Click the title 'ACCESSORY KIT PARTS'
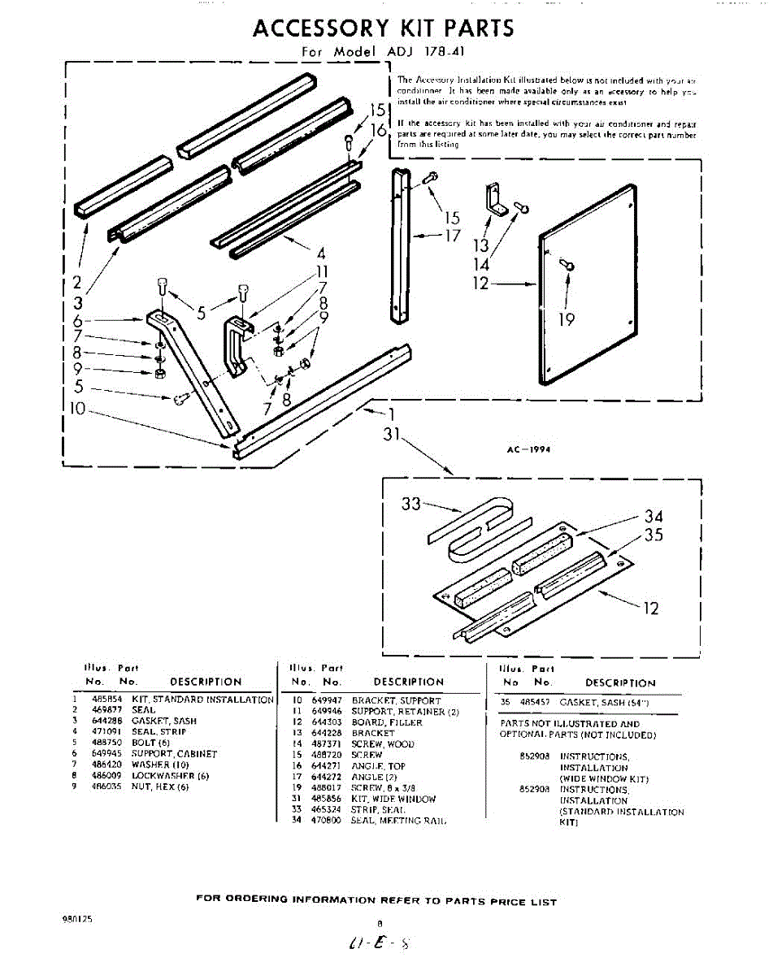click(x=384, y=28)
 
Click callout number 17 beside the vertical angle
click(x=453, y=236)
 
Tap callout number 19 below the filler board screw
click(x=567, y=320)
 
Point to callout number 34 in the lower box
click(x=654, y=516)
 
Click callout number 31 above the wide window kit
click(x=393, y=435)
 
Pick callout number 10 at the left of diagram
click(x=77, y=409)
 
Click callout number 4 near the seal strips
click(x=321, y=252)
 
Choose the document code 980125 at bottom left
click(x=76, y=919)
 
